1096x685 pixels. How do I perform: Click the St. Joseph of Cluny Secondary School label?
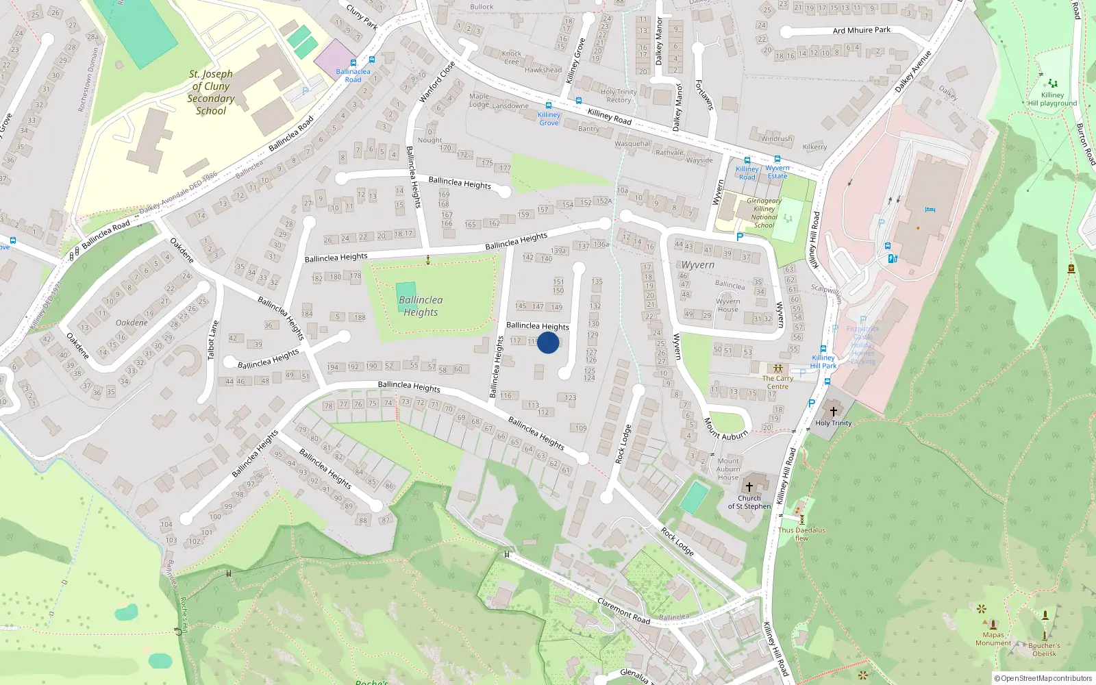[211, 92]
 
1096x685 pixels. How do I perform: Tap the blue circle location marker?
[548, 342]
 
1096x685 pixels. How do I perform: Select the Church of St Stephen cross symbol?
[749, 487]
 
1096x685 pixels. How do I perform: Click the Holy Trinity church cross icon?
[834, 412]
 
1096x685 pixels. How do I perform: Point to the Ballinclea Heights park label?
[421, 306]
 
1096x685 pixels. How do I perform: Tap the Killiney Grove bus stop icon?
[549, 105]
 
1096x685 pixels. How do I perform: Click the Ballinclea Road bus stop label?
[353, 75]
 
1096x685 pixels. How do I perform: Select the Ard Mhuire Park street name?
[862, 30]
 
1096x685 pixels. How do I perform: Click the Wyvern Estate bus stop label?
[777, 172]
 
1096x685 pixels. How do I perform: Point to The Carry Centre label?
[777, 382]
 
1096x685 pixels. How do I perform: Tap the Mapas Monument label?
[993, 639]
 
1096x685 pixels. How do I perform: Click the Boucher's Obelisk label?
[1044, 649]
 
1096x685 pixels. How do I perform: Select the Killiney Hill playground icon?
[1052, 84]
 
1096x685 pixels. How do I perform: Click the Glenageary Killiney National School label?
[764, 213]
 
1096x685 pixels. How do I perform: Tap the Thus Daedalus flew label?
[801, 534]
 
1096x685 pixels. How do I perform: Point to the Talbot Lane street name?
[213, 340]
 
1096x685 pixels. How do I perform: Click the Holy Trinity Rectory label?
[619, 96]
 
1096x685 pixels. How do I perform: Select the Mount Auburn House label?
[728, 469]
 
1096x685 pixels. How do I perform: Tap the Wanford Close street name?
[437, 82]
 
